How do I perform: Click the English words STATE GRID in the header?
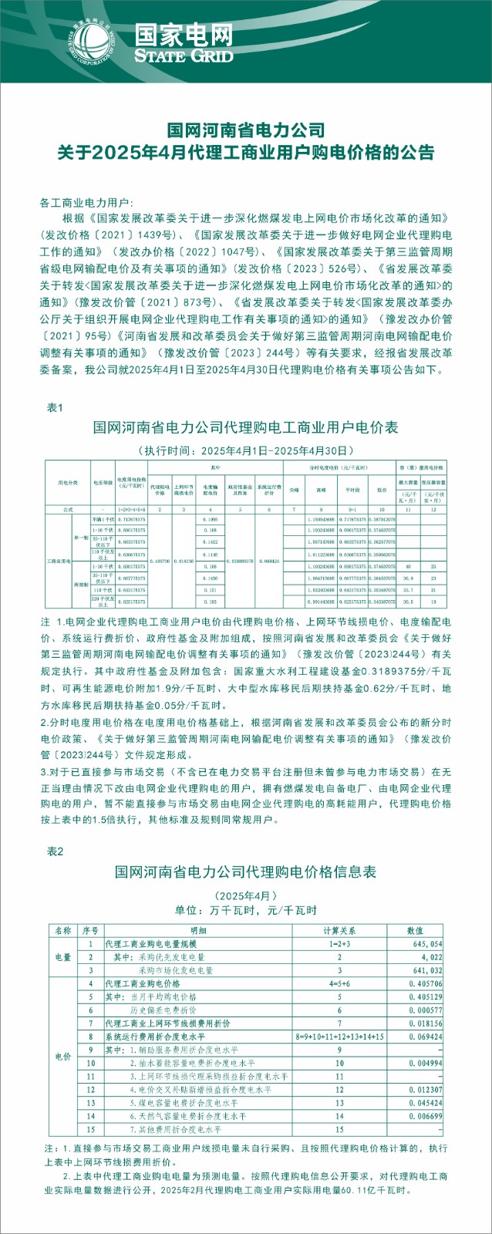coord(183,56)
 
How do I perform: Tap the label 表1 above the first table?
coord(55,407)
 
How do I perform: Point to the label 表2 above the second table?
coord(55,851)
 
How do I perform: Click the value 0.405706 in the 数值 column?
coord(426,984)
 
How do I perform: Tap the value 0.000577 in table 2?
coord(426,1010)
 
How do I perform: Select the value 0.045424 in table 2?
coord(426,1103)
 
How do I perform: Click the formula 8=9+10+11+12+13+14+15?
coord(339,1037)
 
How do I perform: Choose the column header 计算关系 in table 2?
coord(339,930)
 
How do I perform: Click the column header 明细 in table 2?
coord(198,930)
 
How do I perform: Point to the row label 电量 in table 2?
coord(62,957)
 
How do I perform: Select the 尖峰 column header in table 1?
coord(294,489)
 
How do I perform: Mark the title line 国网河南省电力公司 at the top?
coord(246,130)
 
